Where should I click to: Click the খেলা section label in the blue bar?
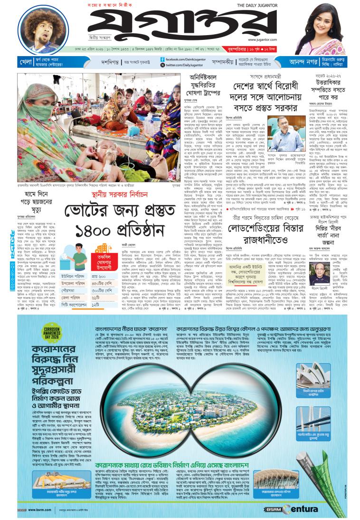click(x=26, y=62)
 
